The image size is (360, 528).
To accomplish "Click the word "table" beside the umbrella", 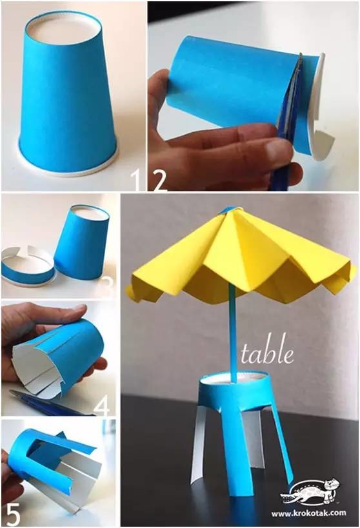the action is (266, 353).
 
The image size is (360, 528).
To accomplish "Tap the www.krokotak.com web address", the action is (309, 513).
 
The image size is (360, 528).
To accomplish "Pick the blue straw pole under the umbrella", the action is (232, 333).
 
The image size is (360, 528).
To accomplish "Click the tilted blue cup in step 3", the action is (81, 242).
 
